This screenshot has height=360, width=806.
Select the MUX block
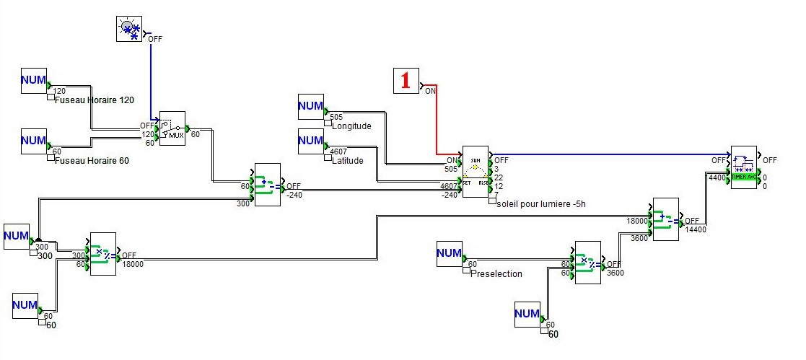click(172, 128)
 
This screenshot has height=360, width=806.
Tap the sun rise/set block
click(475, 171)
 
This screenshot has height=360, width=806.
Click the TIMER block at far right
click(744, 167)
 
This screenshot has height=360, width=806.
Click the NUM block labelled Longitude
click(311, 106)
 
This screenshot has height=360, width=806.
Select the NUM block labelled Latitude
click(311, 140)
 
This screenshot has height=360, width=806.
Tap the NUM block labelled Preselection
click(450, 253)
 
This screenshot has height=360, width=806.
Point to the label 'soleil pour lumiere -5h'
click(542, 203)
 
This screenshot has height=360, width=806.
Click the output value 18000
click(133, 264)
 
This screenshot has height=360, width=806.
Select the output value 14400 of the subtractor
click(696, 229)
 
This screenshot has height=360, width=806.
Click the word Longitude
click(351, 126)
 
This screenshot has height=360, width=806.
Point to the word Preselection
click(496, 274)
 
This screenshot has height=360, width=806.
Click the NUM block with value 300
click(17, 237)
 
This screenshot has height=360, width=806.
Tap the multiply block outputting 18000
click(102, 254)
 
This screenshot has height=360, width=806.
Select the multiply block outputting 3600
click(587, 262)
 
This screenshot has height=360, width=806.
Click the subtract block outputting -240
click(266, 185)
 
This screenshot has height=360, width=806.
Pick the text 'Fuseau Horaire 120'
click(94, 100)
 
